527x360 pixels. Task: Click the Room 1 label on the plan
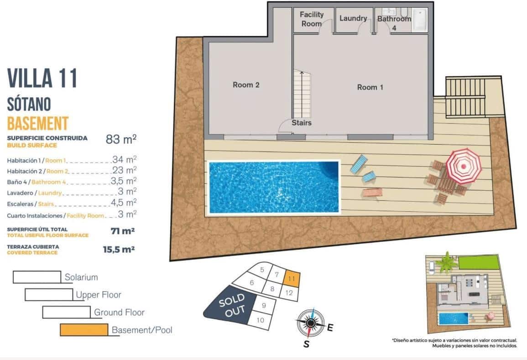pyautogui.click(x=370, y=87)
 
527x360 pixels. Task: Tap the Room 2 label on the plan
pyautogui.click(x=246, y=85)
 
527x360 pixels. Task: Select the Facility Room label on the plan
pyautogui.click(x=312, y=19)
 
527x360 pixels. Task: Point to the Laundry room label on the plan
pyautogui.click(x=353, y=18)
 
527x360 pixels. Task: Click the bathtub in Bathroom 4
pyautogui.click(x=419, y=19)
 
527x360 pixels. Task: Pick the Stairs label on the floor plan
pyautogui.click(x=301, y=123)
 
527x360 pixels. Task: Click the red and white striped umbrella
pyautogui.click(x=464, y=165)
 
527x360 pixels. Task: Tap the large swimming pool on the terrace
pyautogui.click(x=274, y=186)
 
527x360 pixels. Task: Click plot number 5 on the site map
pyautogui.click(x=262, y=270)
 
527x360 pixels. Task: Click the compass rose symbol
pyautogui.click(x=310, y=323)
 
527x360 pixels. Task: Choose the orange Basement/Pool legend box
pyautogui.click(x=84, y=329)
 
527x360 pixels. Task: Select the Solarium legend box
pyautogui.click(x=37, y=277)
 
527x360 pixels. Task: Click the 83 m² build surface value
pyautogui.click(x=121, y=139)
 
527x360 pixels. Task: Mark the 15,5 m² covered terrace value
pyautogui.click(x=119, y=249)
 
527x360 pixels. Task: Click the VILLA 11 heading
pyautogui.click(x=42, y=78)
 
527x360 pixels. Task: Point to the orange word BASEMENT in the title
pyautogui.click(x=38, y=123)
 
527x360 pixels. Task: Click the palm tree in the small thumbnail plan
pyautogui.click(x=446, y=263)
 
